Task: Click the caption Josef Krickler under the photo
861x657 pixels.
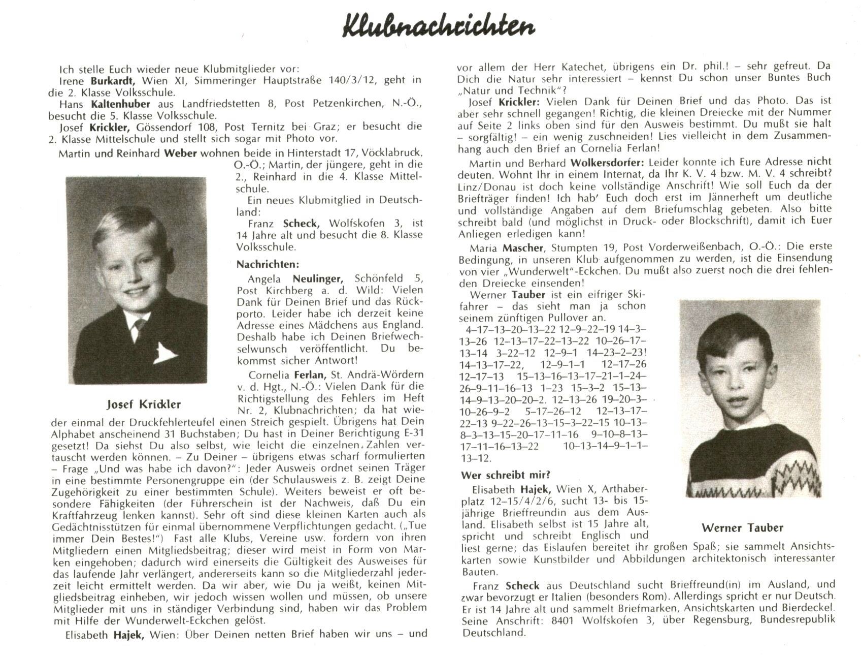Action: (x=144, y=404)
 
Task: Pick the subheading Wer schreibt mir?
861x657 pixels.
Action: (x=505, y=476)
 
